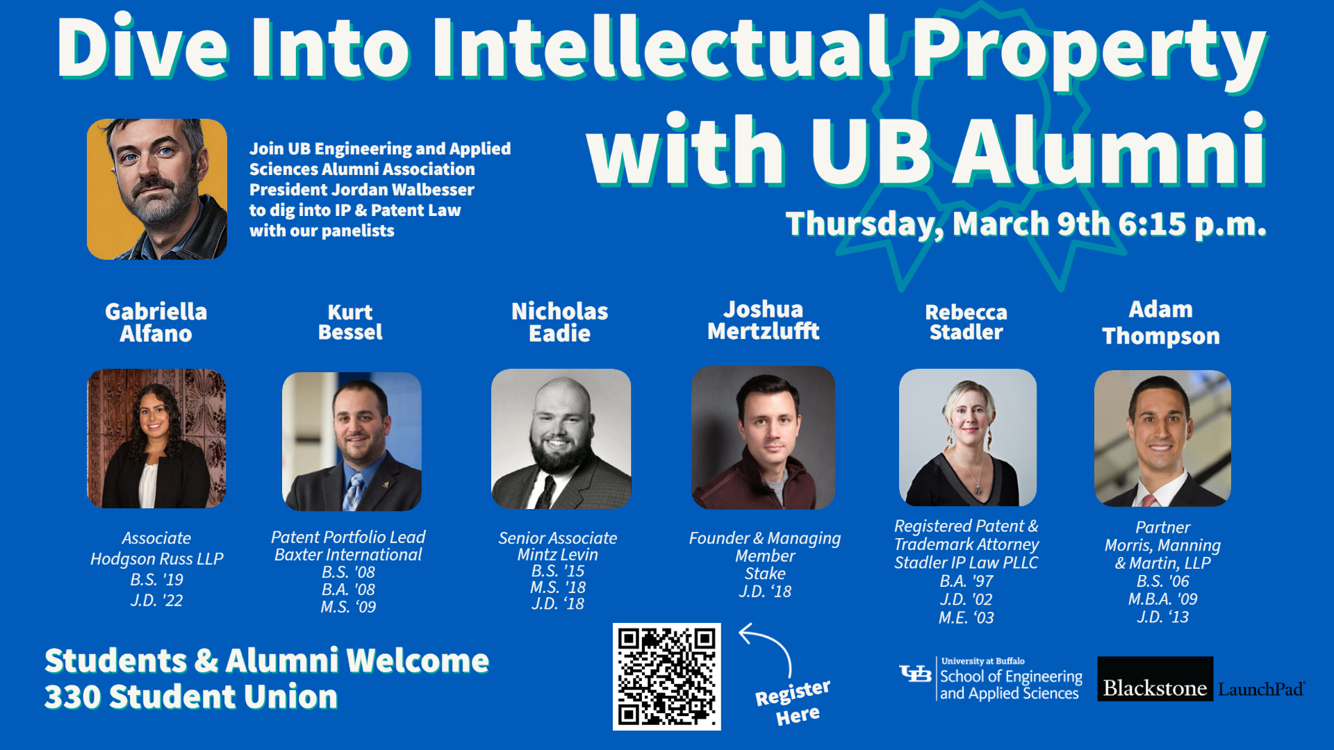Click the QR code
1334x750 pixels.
[666, 676]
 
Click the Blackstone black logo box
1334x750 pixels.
[1155, 678]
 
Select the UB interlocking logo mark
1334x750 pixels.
[915, 673]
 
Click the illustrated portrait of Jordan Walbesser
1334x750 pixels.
[157, 189]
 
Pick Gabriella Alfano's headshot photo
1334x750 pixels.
[156, 438]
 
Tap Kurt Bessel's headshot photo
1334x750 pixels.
[352, 441]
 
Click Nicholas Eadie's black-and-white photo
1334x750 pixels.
[561, 438]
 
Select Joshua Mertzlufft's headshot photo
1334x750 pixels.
[763, 437]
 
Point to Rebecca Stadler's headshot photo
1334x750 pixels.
[968, 437]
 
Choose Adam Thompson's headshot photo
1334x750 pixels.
[1162, 438]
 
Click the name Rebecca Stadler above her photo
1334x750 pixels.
[966, 322]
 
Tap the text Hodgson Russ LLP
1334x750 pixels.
[157, 559]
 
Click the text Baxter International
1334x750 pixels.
[348, 555]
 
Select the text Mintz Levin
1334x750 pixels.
[557, 555]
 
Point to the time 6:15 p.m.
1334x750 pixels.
[1192, 224]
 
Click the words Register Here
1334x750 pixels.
[793, 702]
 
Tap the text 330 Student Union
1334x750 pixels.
[191, 697]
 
